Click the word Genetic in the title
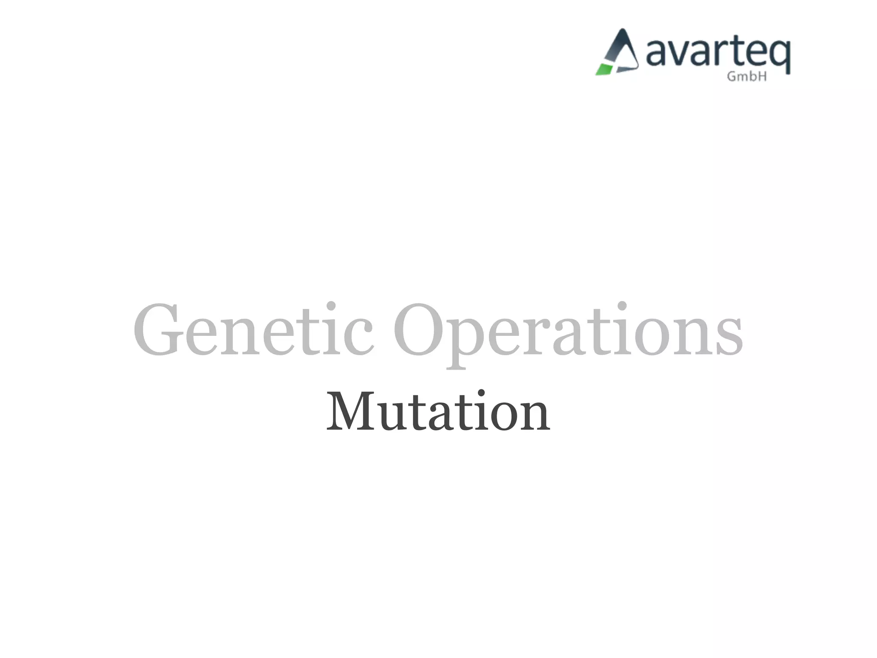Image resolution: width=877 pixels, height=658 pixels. [253, 330]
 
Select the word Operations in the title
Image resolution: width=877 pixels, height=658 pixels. [568, 332]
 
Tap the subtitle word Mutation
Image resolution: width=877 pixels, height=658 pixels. [438, 411]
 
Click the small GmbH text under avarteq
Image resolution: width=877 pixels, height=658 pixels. [746, 77]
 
